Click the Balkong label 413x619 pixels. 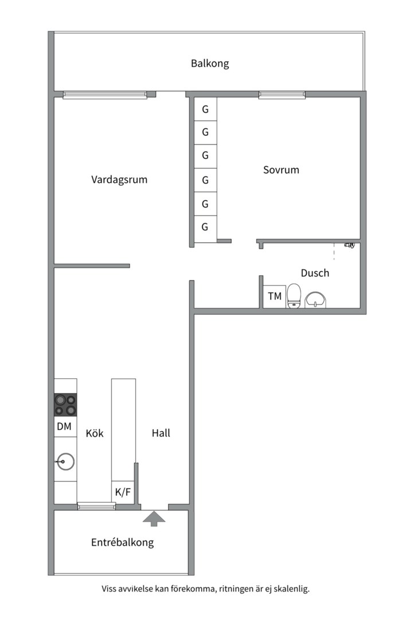click(210, 64)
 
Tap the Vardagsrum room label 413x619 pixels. click(119, 179)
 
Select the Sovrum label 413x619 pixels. click(281, 170)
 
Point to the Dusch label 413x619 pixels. click(315, 273)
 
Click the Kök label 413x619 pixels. click(95, 433)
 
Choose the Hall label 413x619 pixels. click(161, 433)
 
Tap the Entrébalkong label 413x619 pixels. click(123, 542)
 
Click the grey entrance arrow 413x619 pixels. click(154, 519)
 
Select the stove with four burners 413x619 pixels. click(65, 405)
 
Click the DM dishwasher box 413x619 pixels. click(65, 426)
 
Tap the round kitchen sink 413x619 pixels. click(65, 461)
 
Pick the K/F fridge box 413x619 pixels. click(123, 492)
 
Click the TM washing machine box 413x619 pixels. click(275, 296)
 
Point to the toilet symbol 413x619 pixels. click(294, 296)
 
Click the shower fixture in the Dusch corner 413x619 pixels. click(350, 245)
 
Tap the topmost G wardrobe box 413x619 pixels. click(205, 109)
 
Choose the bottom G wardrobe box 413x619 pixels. click(205, 228)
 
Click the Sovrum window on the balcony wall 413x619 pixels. click(282, 95)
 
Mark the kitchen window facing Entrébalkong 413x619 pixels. click(96, 506)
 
